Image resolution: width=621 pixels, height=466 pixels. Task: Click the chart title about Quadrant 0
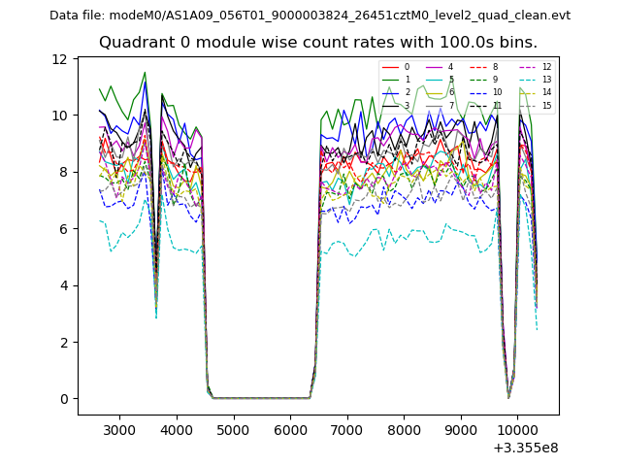pos(317,43)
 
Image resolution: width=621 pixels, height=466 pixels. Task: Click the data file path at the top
pos(310,15)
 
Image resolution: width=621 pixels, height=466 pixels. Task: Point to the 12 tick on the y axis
pos(60,59)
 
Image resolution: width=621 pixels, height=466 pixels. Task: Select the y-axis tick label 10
pos(60,116)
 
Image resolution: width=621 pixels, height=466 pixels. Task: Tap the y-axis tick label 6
pos(63,229)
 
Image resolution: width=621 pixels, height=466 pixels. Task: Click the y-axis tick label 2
pos(63,343)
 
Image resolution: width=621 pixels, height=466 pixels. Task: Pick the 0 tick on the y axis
pos(63,399)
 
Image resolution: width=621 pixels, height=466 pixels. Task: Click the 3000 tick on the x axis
pos(119,429)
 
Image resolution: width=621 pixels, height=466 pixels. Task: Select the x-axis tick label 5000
pos(233,429)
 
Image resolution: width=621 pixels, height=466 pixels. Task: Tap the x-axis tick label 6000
pos(290,429)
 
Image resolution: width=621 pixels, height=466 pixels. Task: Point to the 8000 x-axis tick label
pos(404,429)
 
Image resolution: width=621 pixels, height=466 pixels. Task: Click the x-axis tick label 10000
pos(517,429)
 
